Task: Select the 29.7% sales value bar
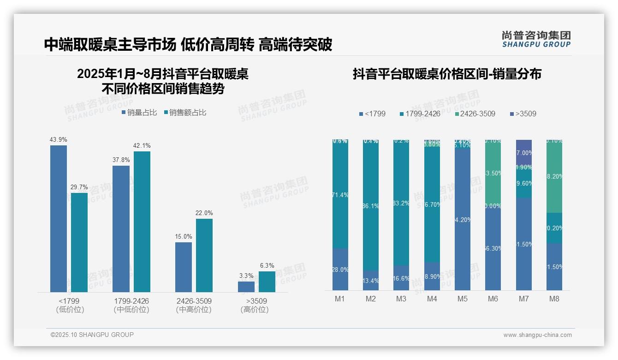(79, 242)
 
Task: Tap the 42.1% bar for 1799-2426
(142, 222)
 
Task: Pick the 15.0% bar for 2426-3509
(184, 267)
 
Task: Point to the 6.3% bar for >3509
(267, 282)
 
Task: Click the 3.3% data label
(246, 276)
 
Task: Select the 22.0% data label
(204, 213)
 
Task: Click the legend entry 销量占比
(139, 113)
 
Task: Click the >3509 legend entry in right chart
(523, 114)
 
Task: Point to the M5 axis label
(463, 299)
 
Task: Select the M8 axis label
(554, 299)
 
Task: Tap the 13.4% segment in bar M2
(371, 280)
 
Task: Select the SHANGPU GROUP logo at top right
(536, 39)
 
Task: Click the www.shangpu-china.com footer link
(537, 335)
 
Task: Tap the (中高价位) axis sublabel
(194, 310)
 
